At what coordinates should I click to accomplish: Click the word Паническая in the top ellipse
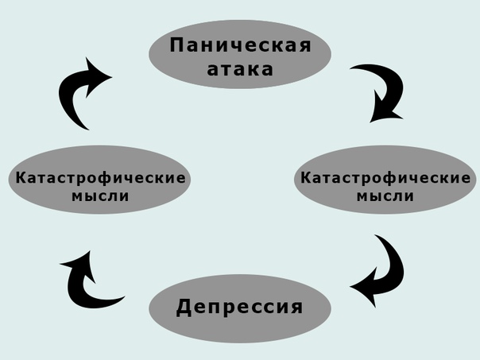(239, 45)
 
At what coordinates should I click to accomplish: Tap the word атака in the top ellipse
(239, 69)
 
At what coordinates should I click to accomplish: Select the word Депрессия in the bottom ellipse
(239, 307)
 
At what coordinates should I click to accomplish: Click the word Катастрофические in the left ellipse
(101, 178)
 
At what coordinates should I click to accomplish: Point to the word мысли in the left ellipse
(101, 196)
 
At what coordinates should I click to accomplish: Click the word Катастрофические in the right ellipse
(385, 178)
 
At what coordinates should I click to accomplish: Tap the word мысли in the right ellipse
(385, 196)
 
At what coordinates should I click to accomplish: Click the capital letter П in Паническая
(176, 45)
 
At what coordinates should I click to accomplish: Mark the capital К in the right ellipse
(304, 178)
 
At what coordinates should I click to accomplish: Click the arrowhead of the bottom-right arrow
(361, 288)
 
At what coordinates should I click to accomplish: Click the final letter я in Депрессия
(296, 307)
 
